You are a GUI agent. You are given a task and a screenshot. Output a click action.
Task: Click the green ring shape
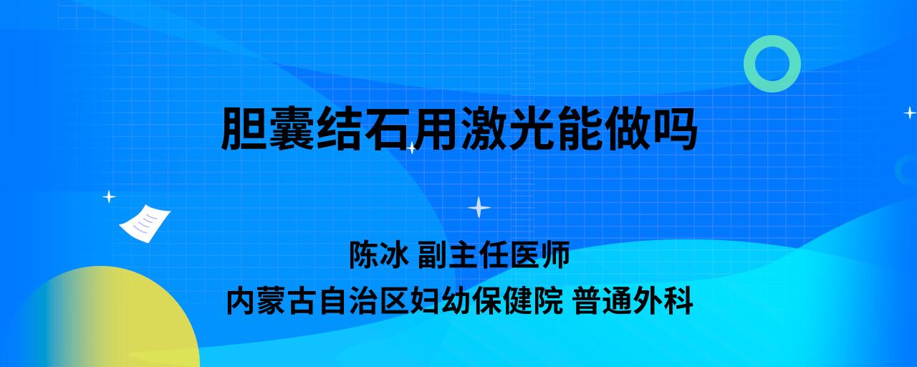coord(772,42)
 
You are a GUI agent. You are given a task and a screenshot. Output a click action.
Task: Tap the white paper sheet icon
coord(145,224)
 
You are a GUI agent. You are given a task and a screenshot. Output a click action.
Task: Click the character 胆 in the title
coord(244,128)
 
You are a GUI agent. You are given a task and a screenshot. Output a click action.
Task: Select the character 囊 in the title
coord(292,128)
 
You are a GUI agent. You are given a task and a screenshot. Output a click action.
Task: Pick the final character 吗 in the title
coord(674,128)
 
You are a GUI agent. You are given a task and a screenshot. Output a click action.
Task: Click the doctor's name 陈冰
coord(379,254)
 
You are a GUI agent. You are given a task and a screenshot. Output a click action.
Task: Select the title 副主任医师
coord(494,254)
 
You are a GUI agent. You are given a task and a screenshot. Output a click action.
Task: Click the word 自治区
coord(364,301)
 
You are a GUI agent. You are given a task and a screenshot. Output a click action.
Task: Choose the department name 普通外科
coord(633,301)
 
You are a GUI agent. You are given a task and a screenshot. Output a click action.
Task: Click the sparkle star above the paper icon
coord(109,197)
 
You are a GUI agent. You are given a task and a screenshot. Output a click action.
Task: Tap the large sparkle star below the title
coord(479,208)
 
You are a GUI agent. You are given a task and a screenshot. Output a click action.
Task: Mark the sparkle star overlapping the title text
coord(411,148)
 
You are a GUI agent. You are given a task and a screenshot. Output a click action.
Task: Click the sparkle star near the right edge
coord(910,113)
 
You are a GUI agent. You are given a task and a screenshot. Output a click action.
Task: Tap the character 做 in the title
coord(627,128)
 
